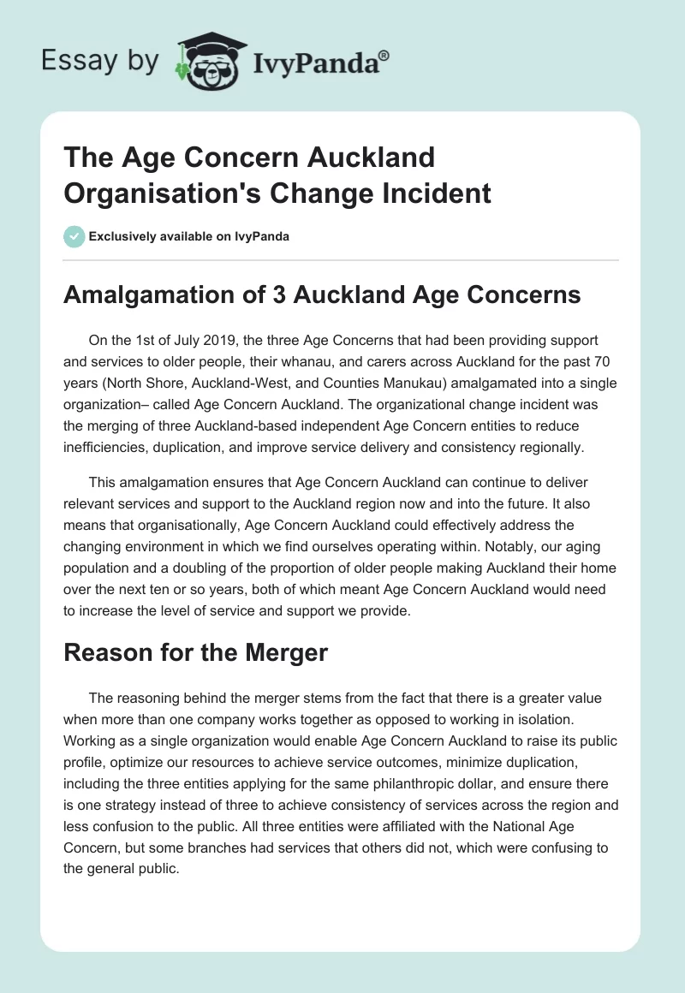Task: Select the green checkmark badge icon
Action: (x=74, y=236)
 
